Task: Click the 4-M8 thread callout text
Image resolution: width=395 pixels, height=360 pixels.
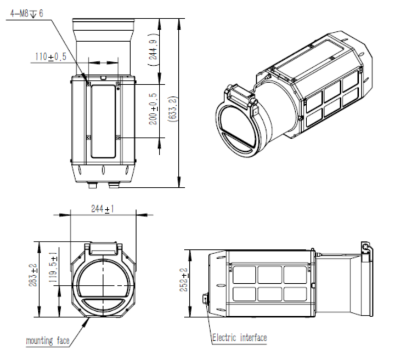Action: point(26,13)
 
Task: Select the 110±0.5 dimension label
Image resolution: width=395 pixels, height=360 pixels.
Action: point(50,56)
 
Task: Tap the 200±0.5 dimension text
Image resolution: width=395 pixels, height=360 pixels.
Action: point(153,108)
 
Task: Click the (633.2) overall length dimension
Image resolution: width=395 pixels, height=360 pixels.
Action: point(173,109)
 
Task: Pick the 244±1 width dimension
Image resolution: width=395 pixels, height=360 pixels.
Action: point(102,209)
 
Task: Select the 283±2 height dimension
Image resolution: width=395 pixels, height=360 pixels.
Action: point(33,275)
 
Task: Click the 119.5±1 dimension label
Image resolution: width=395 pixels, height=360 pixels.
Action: point(53,267)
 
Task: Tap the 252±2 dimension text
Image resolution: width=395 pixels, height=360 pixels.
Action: point(184,280)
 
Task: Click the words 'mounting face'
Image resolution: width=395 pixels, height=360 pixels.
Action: point(48,341)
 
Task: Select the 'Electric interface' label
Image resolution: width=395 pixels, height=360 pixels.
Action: point(240,338)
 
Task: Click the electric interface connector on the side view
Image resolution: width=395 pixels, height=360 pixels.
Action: point(205,299)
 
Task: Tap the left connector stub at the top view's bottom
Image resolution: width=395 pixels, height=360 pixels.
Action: point(93,185)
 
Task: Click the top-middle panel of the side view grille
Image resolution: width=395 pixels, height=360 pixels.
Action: point(269,275)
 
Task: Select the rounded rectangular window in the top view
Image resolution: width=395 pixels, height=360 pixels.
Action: point(103,122)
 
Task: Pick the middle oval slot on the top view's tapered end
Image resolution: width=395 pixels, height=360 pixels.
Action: point(103,170)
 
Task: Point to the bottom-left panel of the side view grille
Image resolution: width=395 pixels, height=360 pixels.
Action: point(244,294)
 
